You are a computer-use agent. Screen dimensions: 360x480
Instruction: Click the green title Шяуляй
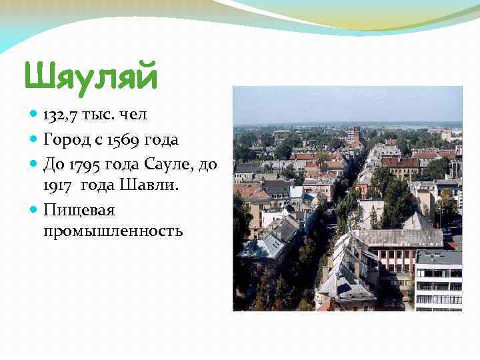click(x=91, y=76)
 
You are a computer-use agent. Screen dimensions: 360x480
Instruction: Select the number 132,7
click(x=61, y=115)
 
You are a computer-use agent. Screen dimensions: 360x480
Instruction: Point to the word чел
click(x=133, y=115)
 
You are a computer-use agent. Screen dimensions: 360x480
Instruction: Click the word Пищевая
click(x=79, y=211)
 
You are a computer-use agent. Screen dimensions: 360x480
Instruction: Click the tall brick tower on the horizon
click(x=353, y=135)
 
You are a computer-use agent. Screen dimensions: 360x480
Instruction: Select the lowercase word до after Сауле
click(x=208, y=163)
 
